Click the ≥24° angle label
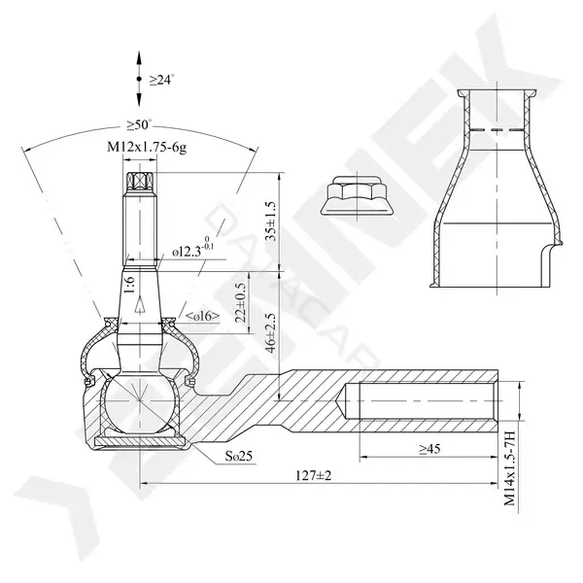pyautogui.click(x=162, y=80)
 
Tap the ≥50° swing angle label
pyautogui.click(x=139, y=124)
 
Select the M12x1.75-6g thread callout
pyautogui.click(x=147, y=148)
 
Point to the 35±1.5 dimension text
pyautogui.click(x=271, y=222)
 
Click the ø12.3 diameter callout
pyautogui.click(x=193, y=248)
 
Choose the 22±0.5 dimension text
pyautogui.click(x=241, y=302)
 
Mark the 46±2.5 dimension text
pyautogui.click(x=271, y=332)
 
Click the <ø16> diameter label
pyautogui.click(x=202, y=317)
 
